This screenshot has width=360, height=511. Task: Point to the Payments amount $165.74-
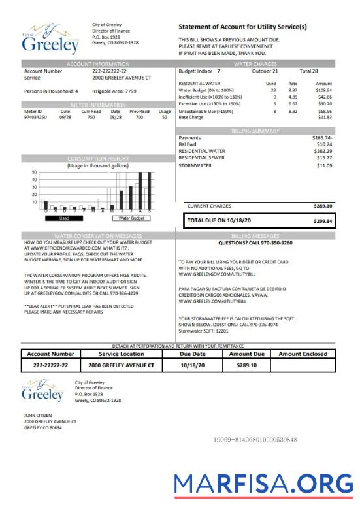point(322,138)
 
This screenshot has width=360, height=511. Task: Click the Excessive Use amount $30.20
point(324,103)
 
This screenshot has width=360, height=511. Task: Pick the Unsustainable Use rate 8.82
point(293,112)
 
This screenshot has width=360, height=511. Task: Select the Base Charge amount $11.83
point(325,118)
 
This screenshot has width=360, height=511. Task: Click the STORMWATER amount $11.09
point(324,165)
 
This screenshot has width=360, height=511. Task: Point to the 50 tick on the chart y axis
point(34,172)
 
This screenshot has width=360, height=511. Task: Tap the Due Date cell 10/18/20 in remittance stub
point(192,365)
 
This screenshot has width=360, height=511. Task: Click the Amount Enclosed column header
point(306,354)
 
